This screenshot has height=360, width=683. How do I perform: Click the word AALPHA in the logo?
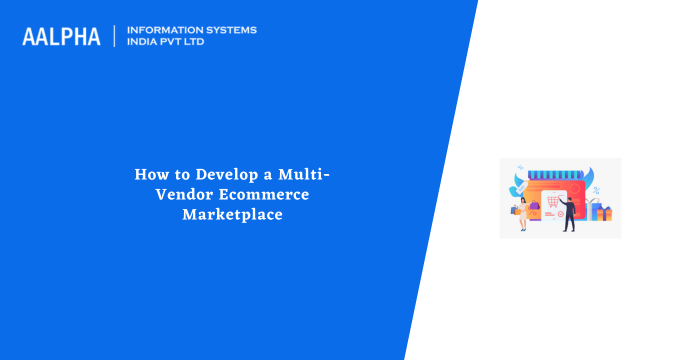(61, 37)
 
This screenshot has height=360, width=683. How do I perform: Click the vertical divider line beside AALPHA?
(115, 36)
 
